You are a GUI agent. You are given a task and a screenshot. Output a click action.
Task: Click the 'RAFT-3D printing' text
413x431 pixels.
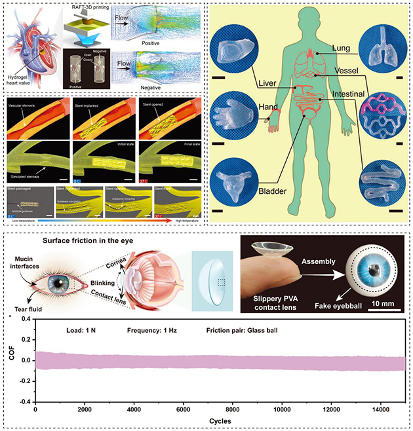85,9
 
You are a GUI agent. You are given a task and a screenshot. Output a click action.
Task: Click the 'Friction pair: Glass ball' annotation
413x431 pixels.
245,330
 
